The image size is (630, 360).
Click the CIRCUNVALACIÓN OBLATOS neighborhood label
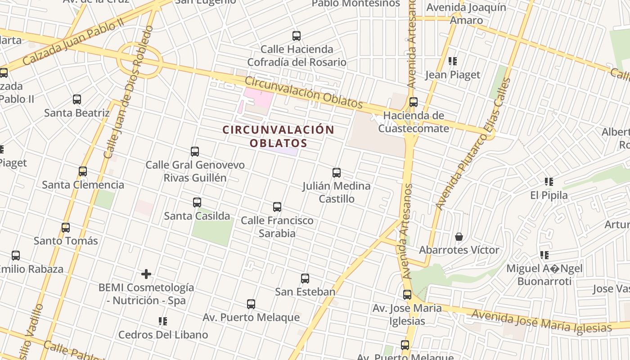click(x=278, y=136)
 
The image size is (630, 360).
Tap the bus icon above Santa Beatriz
click(x=77, y=99)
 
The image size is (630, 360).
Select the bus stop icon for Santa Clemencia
click(x=83, y=171)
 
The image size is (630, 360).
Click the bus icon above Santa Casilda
click(x=197, y=202)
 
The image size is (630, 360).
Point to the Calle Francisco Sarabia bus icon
click(x=277, y=207)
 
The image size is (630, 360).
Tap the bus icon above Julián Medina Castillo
click(x=336, y=172)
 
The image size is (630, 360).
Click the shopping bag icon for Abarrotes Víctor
click(x=459, y=237)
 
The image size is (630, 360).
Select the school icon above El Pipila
click(x=549, y=182)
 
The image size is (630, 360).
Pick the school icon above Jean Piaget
click(x=453, y=61)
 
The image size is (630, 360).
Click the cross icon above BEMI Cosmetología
click(x=146, y=274)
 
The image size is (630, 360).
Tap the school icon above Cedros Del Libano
click(x=163, y=321)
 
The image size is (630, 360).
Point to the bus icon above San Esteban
click(x=305, y=279)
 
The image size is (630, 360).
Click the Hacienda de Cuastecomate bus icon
click(x=413, y=102)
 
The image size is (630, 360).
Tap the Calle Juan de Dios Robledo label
click(x=128, y=92)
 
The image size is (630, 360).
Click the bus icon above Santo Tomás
click(x=66, y=228)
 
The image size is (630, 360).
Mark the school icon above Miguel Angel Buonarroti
click(x=544, y=256)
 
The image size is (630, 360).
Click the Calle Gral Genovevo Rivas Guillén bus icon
click(x=195, y=152)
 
